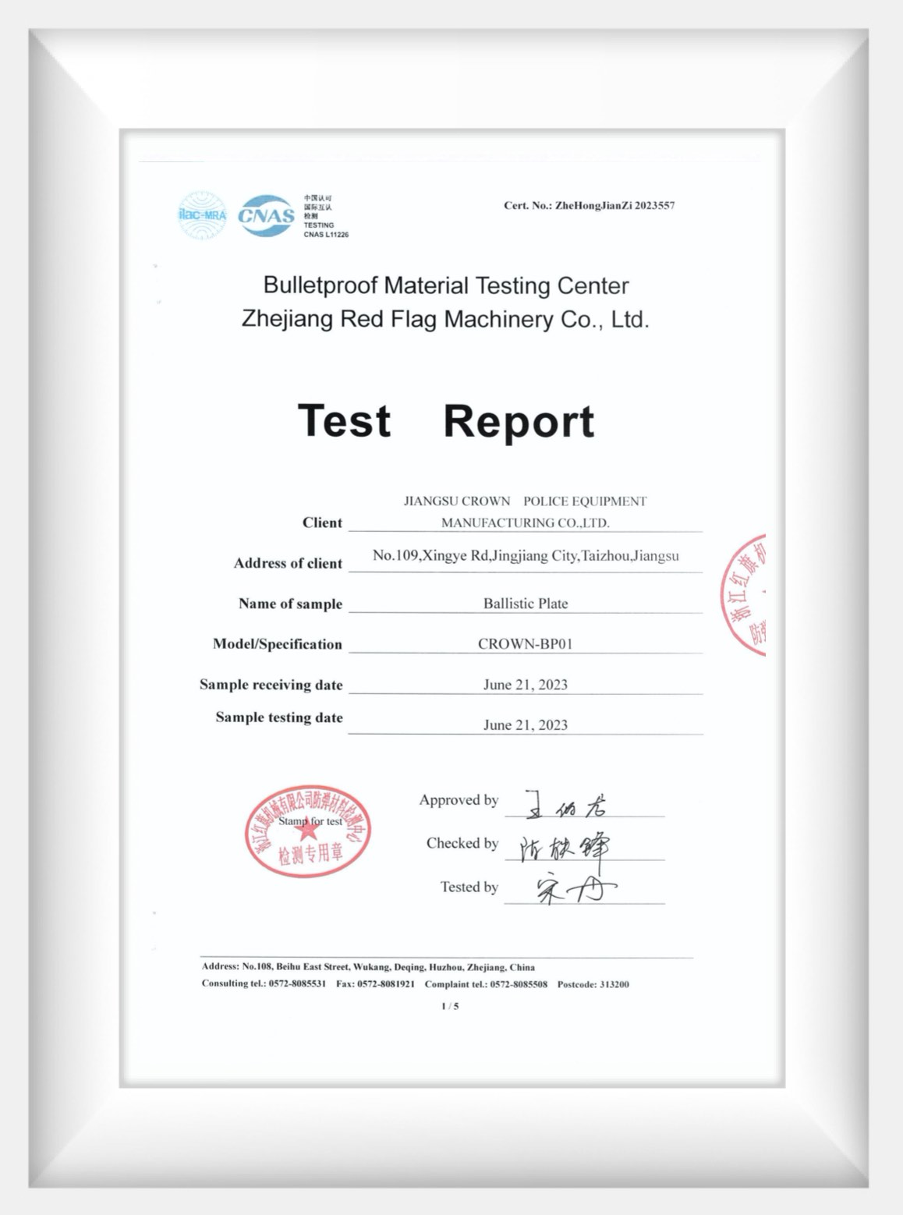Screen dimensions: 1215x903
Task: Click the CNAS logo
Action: click(x=266, y=215)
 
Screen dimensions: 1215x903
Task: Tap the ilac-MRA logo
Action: click(x=202, y=215)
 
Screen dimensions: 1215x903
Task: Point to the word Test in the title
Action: click(x=344, y=421)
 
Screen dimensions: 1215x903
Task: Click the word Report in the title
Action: click(x=519, y=421)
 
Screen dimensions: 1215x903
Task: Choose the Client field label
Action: click(x=322, y=522)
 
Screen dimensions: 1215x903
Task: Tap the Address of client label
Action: click(x=288, y=563)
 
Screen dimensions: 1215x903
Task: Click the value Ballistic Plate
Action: click(x=526, y=604)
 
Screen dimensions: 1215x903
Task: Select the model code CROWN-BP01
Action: click(x=526, y=644)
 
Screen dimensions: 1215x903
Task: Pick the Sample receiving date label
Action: click(x=271, y=685)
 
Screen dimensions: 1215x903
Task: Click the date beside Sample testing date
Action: click(x=526, y=725)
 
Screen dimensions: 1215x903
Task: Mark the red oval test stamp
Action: click(x=308, y=831)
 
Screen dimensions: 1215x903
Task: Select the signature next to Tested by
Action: click(x=573, y=890)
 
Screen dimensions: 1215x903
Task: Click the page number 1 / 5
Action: click(x=450, y=1006)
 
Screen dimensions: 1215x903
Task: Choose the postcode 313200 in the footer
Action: click(x=614, y=984)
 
